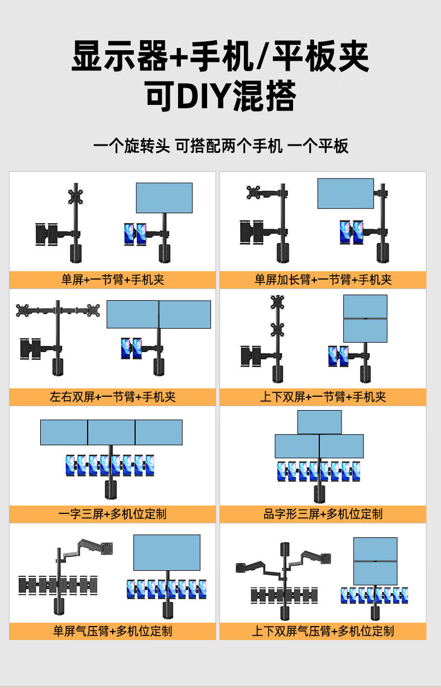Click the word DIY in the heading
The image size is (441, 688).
point(203,96)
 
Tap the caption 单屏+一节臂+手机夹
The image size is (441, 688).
point(113,280)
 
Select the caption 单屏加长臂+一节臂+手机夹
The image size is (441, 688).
point(323,280)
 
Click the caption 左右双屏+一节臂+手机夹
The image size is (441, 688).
point(112,397)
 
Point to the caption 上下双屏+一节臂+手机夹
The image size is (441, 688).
point(323,397)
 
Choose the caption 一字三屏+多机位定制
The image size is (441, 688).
point(112,514)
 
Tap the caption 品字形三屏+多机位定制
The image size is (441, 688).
point(323,514)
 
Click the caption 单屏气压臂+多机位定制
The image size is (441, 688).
point(112,631)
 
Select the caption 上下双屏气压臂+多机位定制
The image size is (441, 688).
point(323,631)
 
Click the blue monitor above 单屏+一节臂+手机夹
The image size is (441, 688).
point(164,198)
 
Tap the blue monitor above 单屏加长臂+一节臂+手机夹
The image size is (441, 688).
point(346,194)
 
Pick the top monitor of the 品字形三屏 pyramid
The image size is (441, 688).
point(319,422)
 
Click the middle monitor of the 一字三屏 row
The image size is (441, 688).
point(111,432)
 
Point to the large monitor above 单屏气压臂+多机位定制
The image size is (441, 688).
point(167,553)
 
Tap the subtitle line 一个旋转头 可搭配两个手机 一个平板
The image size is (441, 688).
point(220,146)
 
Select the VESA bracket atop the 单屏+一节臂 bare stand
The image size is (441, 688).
point(75,197)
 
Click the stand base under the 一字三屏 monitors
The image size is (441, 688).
point(111,489)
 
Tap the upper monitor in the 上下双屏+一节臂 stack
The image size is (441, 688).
point(365,306)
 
